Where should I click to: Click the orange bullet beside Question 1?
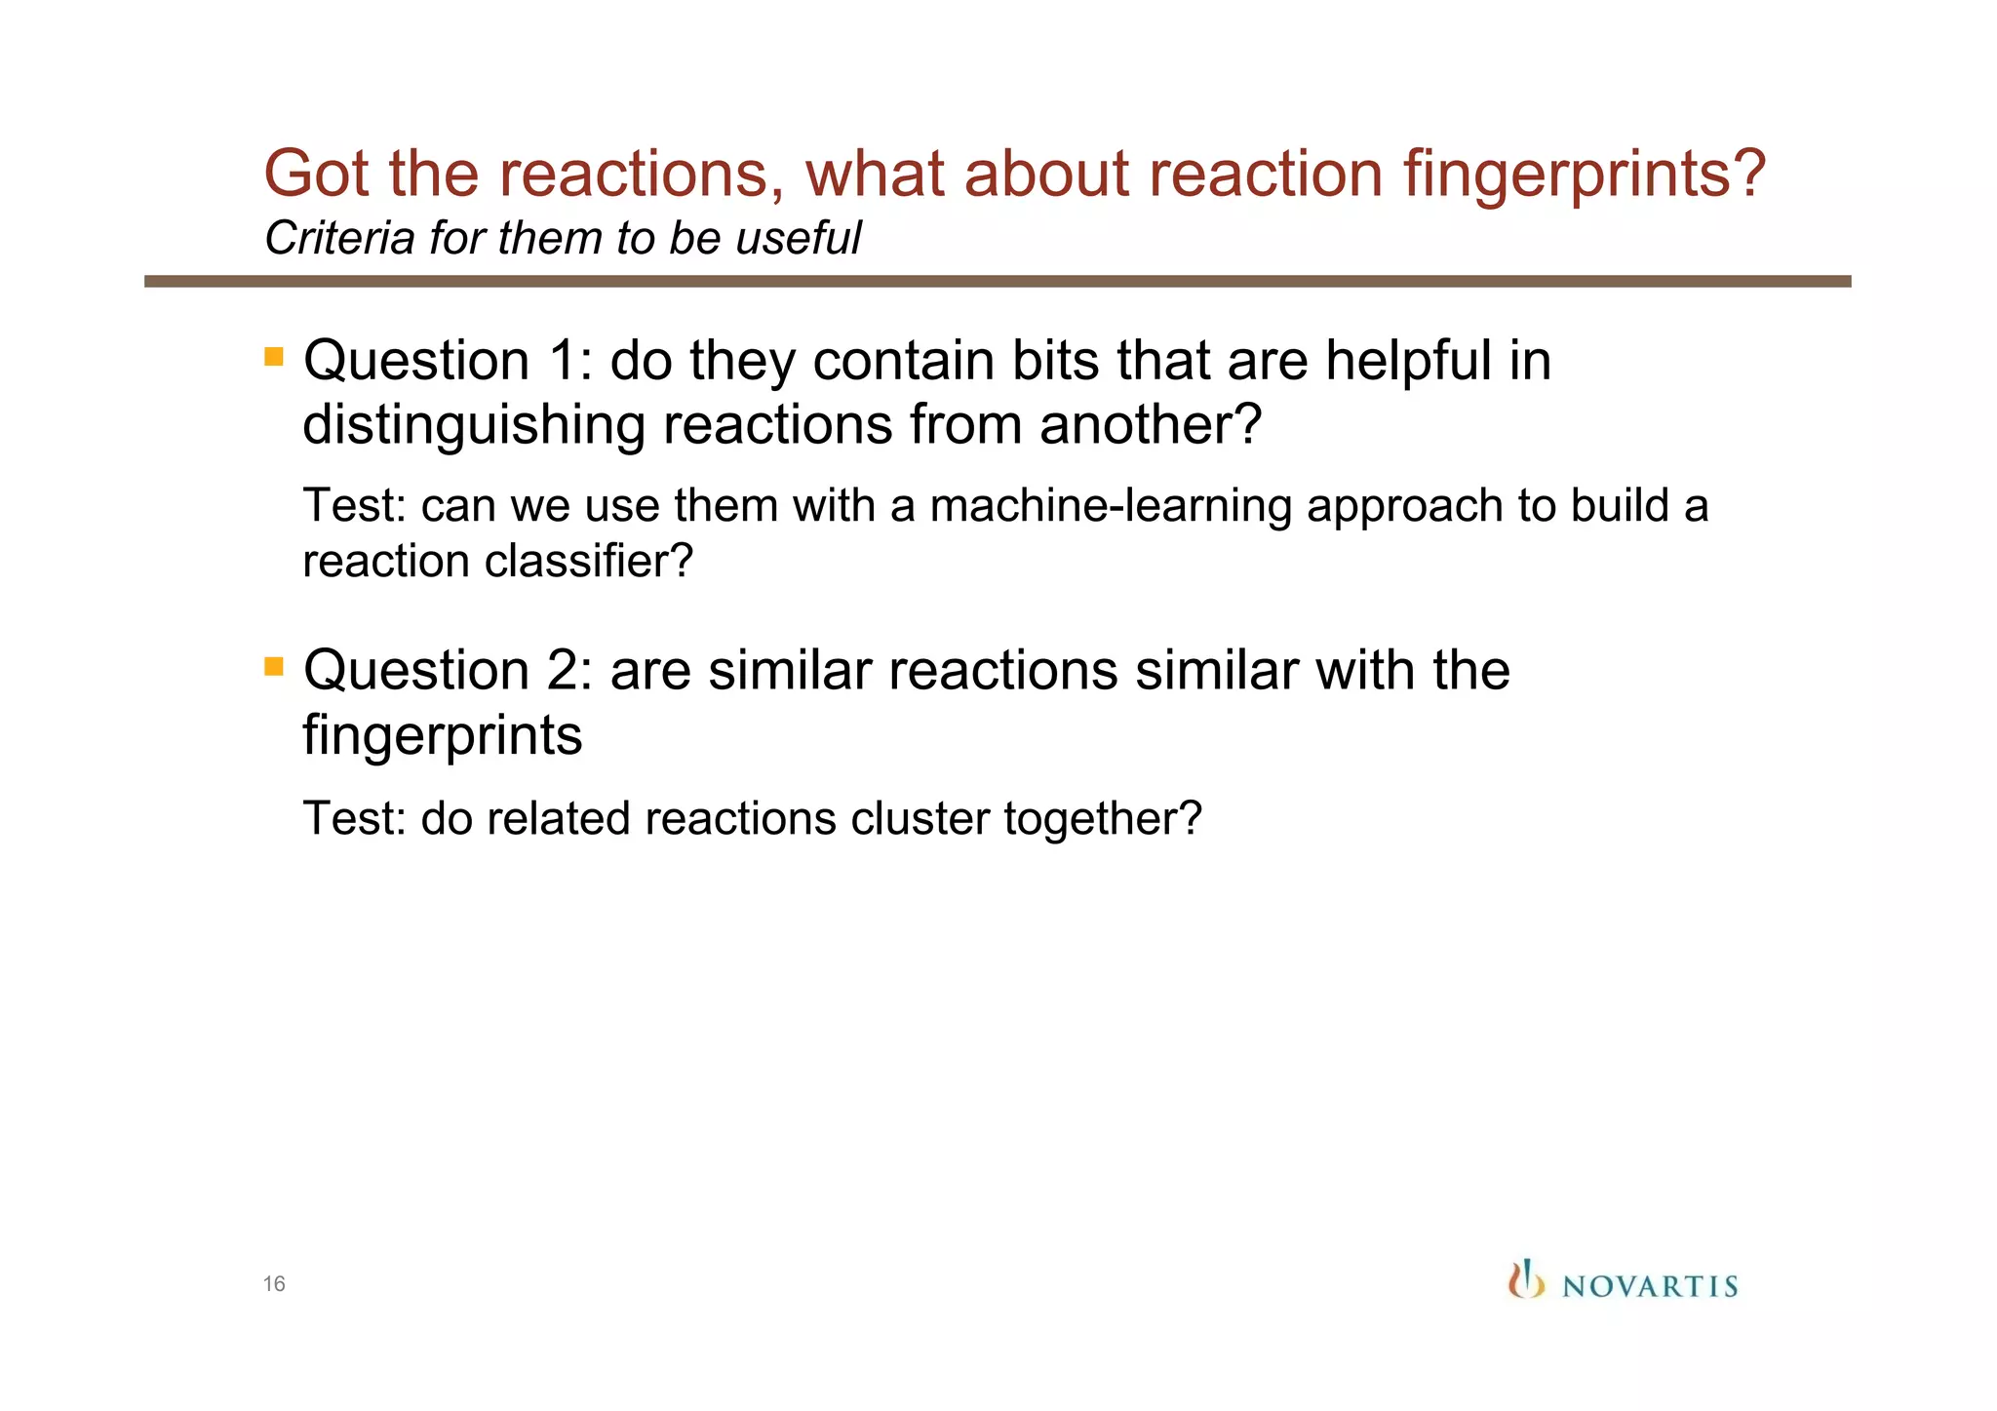(x=274, y=356)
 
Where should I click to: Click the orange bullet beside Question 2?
(x=274, y=666)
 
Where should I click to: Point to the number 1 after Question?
(x=565, y=361)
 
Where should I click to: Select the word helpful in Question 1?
(x=1408, y=361)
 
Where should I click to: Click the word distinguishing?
(x=474, y=426)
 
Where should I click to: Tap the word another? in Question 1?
(x=1151, y=426)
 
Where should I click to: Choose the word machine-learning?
(x=1111, y=506)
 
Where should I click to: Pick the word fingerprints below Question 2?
(x=443, y=736)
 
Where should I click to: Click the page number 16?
(x=274, y=1283)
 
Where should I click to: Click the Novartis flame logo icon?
(x=1526, y=1279)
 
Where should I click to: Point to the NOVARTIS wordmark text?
(x=1650, y=1286)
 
